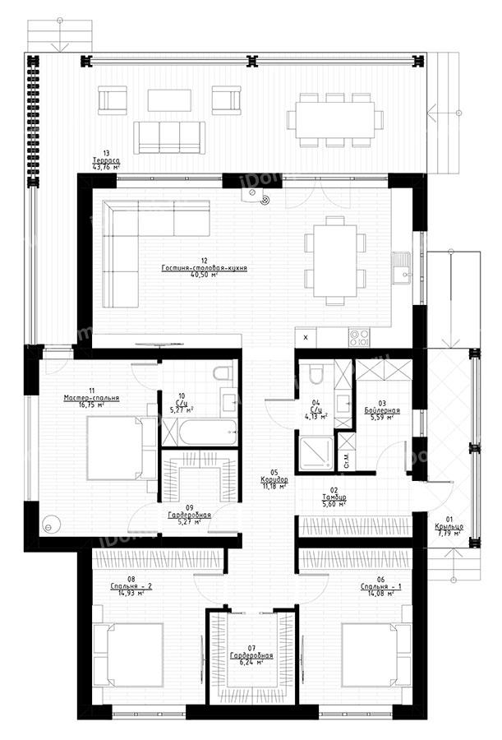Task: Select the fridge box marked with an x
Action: pos(306,336)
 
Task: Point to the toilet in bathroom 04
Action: pos(316,376)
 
